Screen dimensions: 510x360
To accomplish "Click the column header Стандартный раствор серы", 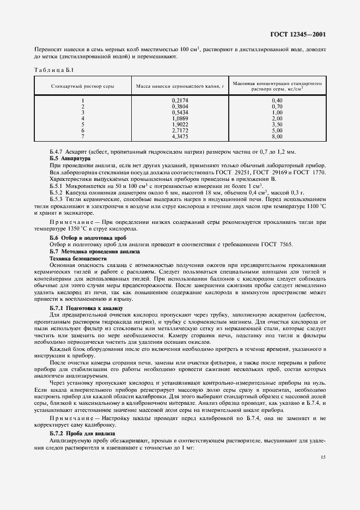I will click(82, 87).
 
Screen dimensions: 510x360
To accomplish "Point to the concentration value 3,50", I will click(277, 124).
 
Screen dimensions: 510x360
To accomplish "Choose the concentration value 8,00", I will click(277, 136).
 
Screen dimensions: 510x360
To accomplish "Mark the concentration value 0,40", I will click(277, 101).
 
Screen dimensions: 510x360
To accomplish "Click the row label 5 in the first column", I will click(82, 124).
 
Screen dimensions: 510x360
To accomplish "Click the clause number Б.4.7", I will click(58, 151).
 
